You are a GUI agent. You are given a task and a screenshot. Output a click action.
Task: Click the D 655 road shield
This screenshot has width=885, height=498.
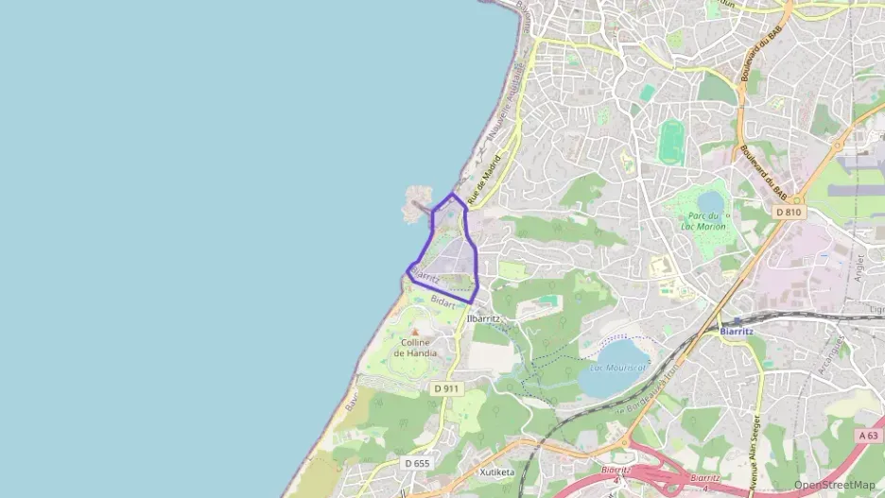416,463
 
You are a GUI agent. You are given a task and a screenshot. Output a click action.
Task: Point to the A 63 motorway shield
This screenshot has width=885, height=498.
869,436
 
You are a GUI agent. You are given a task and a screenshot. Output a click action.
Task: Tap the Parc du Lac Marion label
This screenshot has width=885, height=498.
708,221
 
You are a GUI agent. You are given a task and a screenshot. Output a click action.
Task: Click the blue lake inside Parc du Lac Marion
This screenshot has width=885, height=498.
709,201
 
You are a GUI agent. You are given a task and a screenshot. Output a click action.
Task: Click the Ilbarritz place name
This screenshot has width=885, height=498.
489,318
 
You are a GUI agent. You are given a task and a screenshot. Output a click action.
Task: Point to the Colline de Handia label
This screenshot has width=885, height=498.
416,347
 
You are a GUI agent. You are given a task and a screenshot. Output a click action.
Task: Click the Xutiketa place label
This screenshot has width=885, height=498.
496,472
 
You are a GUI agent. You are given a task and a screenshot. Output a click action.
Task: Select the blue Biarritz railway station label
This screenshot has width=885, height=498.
736,332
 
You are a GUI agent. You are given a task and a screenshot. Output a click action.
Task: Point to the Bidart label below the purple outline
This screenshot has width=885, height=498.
442,301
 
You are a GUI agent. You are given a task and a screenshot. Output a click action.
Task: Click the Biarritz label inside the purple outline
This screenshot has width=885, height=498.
425,278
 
